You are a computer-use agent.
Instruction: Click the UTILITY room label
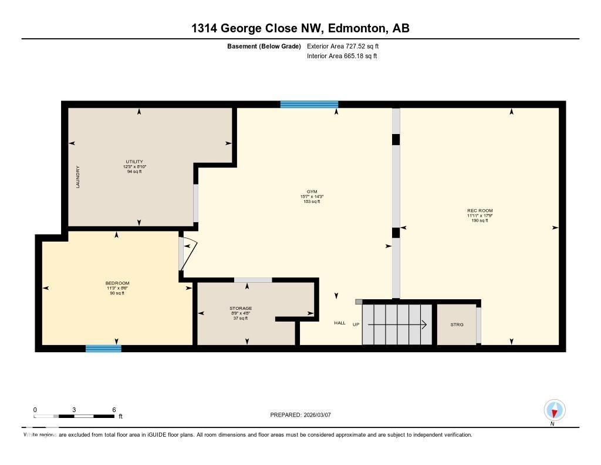tap(134, 162)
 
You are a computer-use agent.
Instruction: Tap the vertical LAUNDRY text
tap(77, 176)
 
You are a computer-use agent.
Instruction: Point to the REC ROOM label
tap(480, 210)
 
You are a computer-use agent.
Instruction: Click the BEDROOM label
tap(117, 283)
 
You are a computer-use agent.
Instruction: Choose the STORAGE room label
tap(241, 308)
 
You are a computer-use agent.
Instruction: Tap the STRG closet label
tap(457, 325)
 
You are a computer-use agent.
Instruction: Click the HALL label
tap(340, 323)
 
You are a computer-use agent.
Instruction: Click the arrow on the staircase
tap(397, 324)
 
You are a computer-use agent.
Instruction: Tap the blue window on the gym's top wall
tap(309, 105)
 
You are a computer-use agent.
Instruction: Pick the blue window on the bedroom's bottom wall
tap(103, 349)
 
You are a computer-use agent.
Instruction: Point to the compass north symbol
tap(554, 410)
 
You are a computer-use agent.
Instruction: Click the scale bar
tap(74, 416)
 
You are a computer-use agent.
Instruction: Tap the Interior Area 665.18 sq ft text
tap(342, 56)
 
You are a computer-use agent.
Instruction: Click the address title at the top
tap(300, 28)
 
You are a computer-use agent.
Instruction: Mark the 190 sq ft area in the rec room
tap(480, 220)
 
